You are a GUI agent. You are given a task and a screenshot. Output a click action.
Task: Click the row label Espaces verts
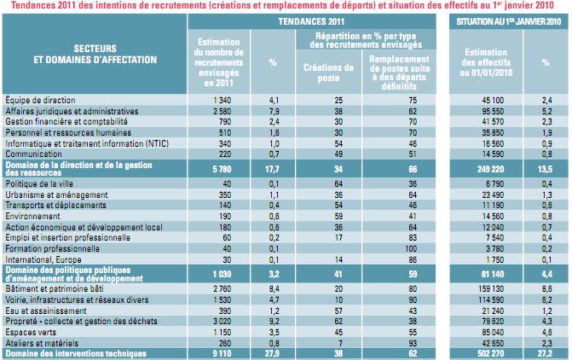pos(32,332)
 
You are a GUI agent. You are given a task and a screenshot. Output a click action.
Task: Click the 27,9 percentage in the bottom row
pos(274,352)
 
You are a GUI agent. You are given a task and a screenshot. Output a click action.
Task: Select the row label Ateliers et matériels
pos(42,342)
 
